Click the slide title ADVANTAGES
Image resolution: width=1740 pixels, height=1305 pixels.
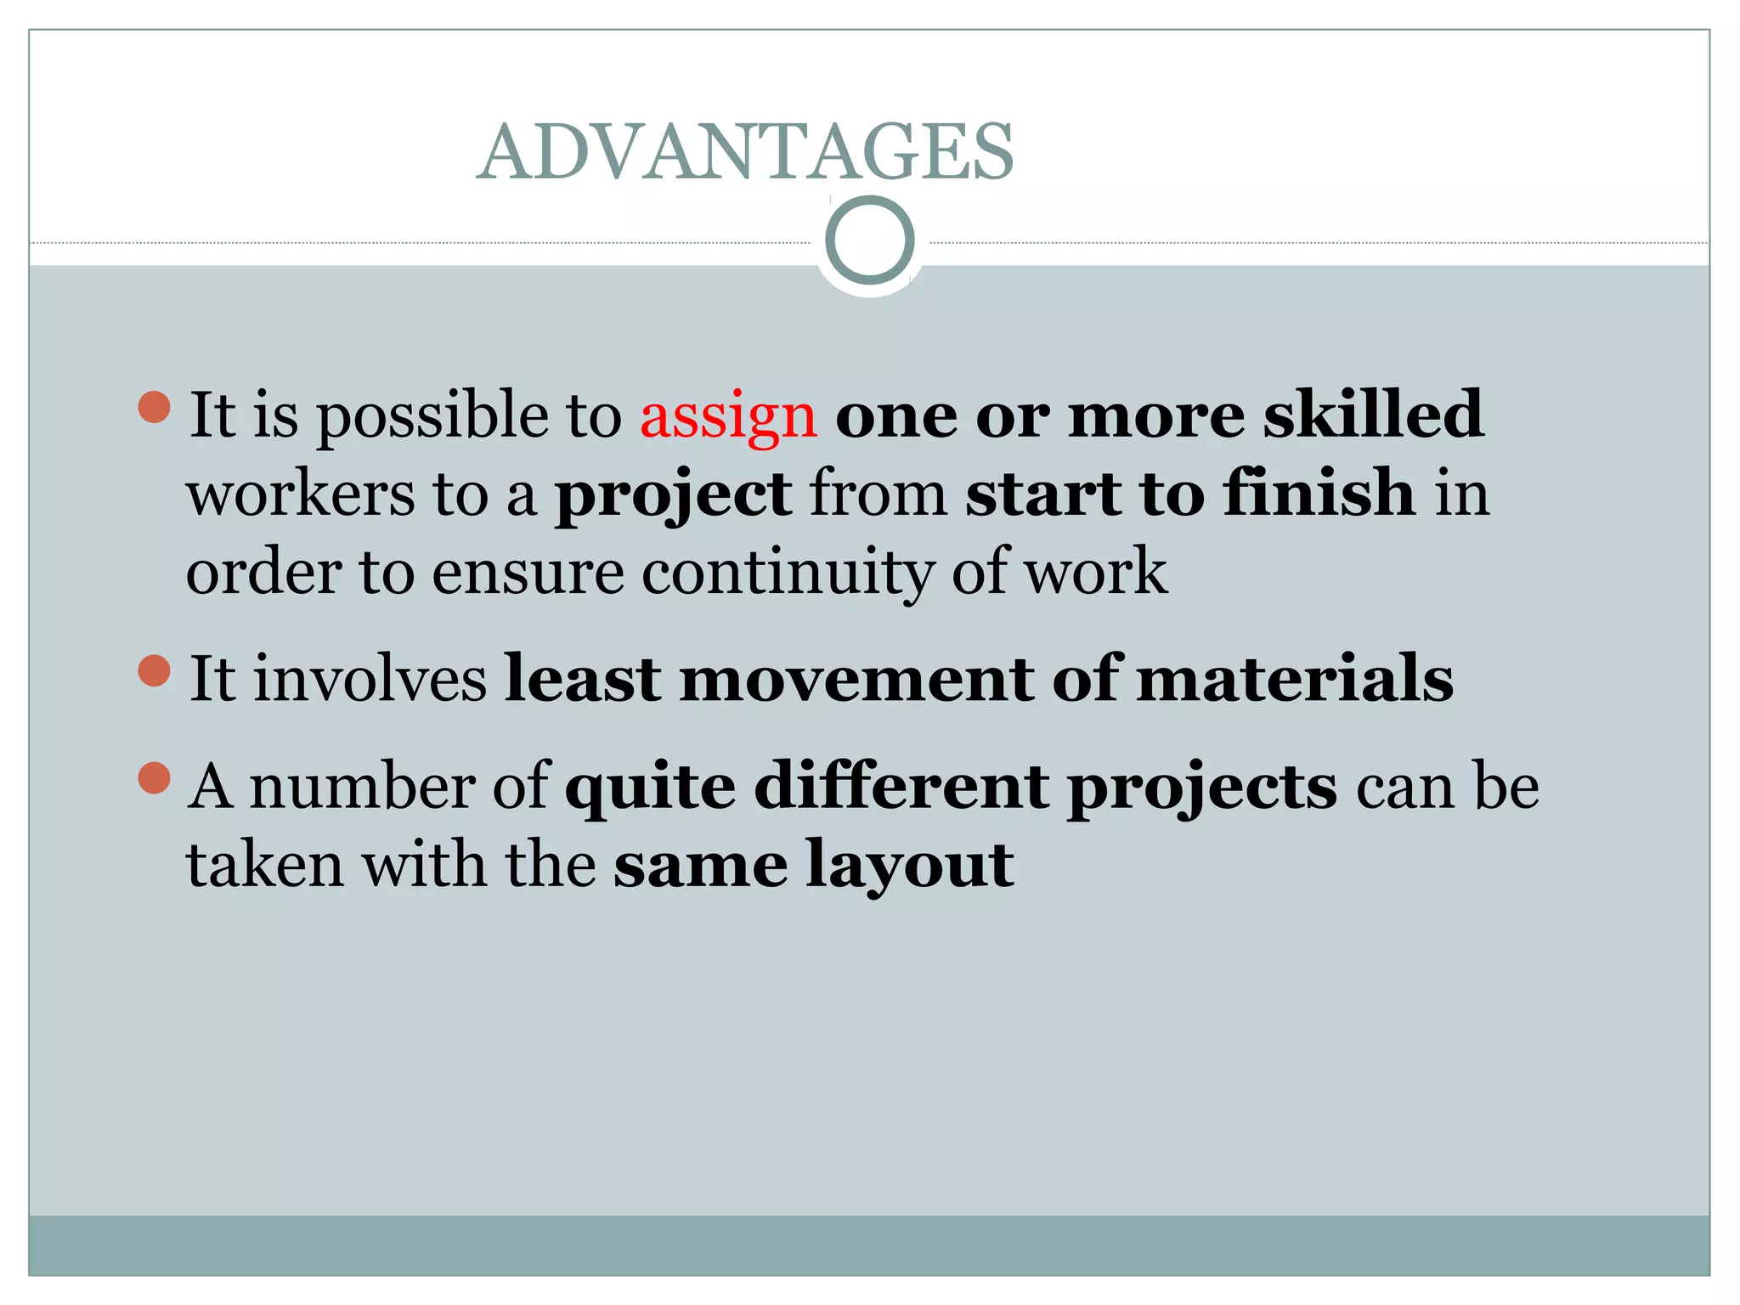point(745,152)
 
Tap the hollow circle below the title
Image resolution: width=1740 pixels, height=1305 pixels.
point(869,240)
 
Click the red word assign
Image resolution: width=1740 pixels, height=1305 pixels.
point(728,416)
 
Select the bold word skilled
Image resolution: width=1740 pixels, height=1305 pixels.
point(1373,415)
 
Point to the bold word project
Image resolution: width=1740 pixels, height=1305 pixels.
point(673,495)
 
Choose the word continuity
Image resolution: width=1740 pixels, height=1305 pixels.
point(787,573)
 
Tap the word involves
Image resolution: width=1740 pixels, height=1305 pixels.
point(370,679)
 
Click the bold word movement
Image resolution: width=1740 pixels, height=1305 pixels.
point(857,679)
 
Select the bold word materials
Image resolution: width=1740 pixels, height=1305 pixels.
point(1295,679)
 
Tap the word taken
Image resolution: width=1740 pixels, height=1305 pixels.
point(265,865)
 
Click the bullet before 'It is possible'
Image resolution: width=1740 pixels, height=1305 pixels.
point(154,407)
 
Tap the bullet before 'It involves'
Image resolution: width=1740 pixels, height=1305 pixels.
point(154,670)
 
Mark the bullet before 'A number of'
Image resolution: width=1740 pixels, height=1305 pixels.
point(154,777)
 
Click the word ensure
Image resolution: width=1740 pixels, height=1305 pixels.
point(528,573)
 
